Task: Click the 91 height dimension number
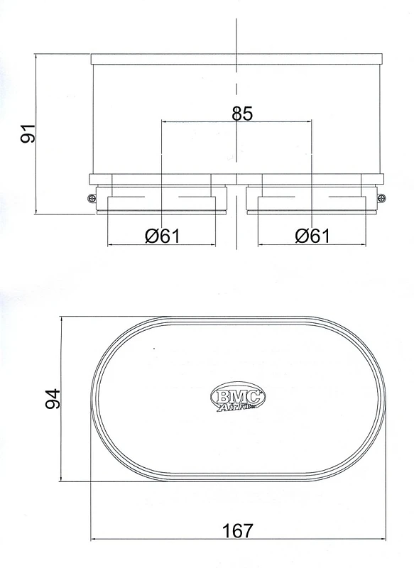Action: pos(28,133)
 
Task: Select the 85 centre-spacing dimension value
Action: pos(242,113)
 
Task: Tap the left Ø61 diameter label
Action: pos(161,235)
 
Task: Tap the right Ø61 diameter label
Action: pos(312,235)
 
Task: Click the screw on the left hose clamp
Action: pos(92,198)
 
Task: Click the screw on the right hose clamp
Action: pos(381,198)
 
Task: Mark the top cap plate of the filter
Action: pos(236,58)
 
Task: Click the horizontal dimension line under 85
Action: pos(199,121)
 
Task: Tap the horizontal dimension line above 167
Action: pos(178,541)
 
